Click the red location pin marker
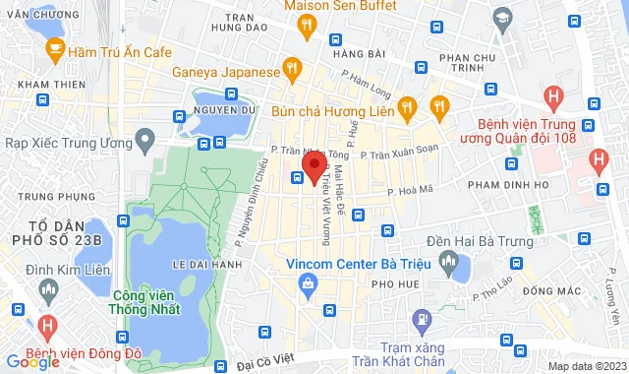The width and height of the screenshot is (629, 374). [x=314, y=168]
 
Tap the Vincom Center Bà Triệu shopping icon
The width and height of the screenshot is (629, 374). [x=308, y=285]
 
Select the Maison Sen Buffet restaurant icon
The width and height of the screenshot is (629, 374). [x=307, y=25]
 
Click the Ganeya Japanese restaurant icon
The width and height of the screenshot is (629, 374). [x=291, y=68]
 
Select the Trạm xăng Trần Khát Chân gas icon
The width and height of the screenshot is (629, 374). [x=422, y=319]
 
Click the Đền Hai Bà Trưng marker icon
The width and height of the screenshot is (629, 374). [x=450, y=262]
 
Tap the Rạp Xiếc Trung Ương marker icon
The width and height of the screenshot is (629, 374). [x=145, y=142]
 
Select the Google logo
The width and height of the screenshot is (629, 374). [x=32, y=361]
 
